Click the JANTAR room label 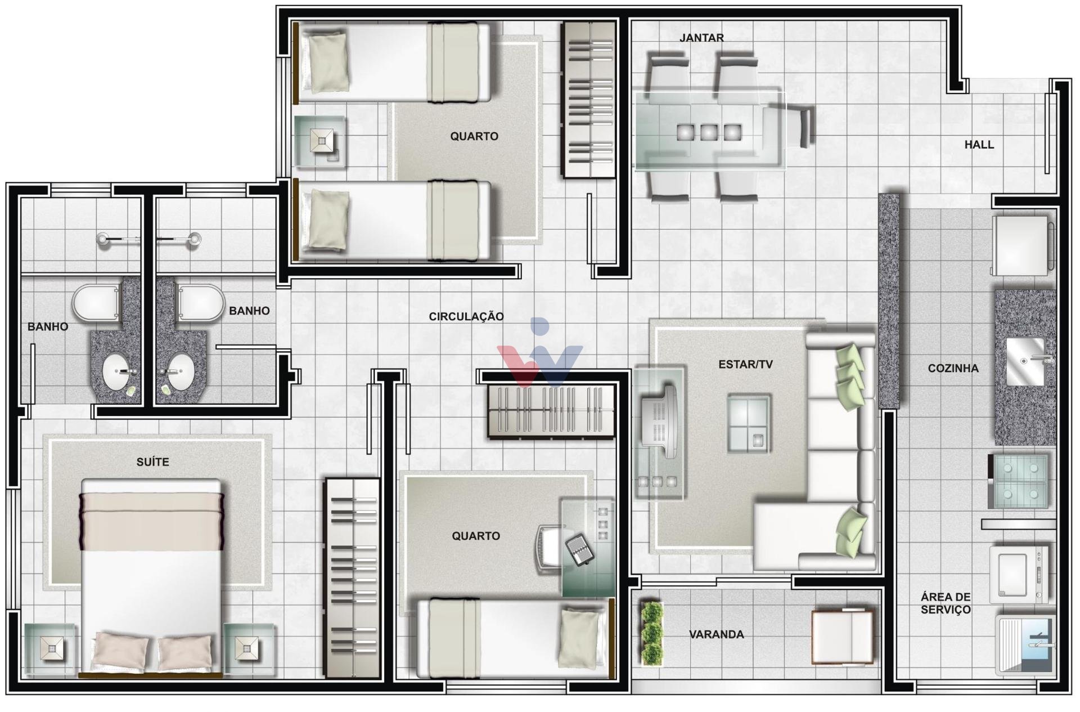701,38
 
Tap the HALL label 979,145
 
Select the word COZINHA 953,368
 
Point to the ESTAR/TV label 745,364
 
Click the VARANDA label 716,634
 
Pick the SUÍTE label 152,462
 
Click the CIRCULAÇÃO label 466,316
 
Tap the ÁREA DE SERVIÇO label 946,603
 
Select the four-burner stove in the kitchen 1019,481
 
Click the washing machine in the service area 1019,574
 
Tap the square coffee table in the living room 749,423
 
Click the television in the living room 659,421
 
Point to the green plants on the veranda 652,634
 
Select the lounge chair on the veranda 841,636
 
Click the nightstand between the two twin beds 321,141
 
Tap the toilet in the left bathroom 97,303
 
